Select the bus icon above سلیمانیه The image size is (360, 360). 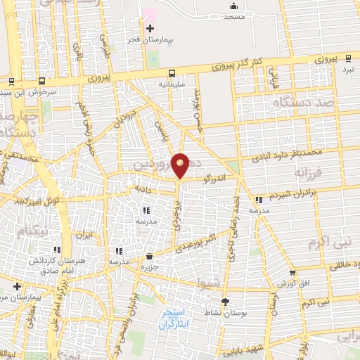click(172, 72)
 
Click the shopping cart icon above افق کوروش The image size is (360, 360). click(292, 273)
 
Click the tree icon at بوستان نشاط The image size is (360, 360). click(225, 302)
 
